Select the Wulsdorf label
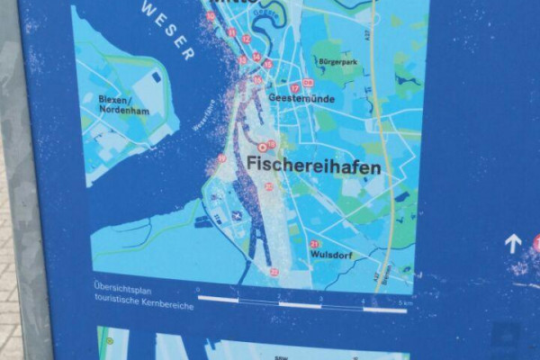tap(328, 255)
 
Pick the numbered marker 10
tap(211, 15)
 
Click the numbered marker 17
tap(294, 88)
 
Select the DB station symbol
tap(308, 82)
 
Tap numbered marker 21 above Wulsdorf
tap(314, 244)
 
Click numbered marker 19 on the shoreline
tap(221, 158)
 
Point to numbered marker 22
tap(274, 271)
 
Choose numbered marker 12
tap(246, 39)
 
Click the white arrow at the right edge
tap(512, 243)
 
